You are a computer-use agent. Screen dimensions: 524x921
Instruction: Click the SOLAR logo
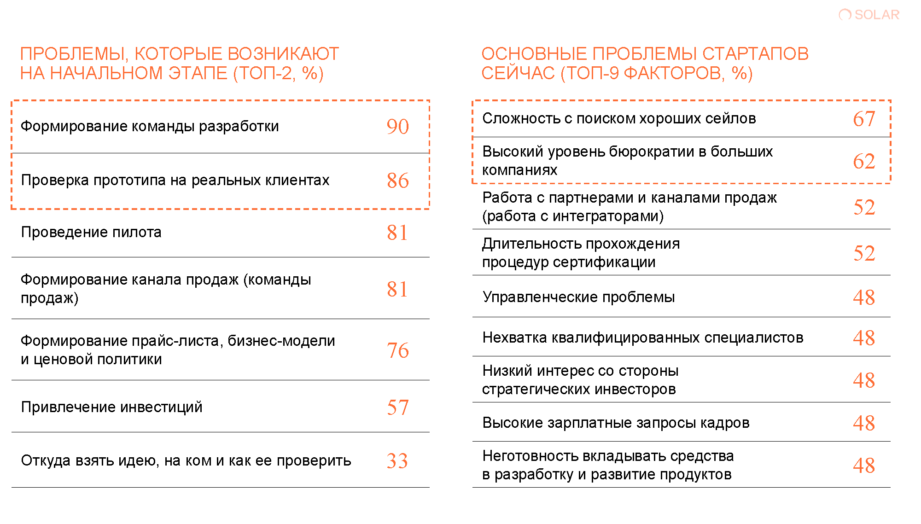[869, 15]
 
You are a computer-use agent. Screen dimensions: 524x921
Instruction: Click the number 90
[397, 127]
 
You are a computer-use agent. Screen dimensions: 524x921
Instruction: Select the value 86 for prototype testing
[397, 180]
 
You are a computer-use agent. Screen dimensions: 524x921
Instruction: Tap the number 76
[397, 350]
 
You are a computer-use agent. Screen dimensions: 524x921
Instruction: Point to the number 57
[397, 408]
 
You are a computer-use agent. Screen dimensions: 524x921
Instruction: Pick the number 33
[397, 461]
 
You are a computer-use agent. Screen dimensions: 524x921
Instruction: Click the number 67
[863, 119]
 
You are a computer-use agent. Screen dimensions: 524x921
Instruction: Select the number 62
[863, 161]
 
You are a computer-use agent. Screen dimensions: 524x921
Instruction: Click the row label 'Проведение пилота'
[91, 232]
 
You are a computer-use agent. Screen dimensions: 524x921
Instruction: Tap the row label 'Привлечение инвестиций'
[111, 407]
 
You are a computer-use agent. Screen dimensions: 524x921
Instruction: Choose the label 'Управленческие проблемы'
[578, 297]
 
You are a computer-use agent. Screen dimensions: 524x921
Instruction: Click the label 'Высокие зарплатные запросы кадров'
[616, 423]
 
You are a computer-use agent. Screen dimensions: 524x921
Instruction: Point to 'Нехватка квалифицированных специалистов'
[643, 338]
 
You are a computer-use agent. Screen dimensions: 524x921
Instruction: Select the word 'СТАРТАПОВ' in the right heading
[755, 54]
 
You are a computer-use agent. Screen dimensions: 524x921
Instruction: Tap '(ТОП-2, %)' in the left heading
[278, 73]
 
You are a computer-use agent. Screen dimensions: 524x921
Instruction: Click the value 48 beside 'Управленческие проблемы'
[863, 297]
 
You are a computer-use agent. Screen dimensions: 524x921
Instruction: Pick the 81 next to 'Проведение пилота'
[397, 233]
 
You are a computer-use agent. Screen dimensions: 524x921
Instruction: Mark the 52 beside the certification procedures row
[863, 253]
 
